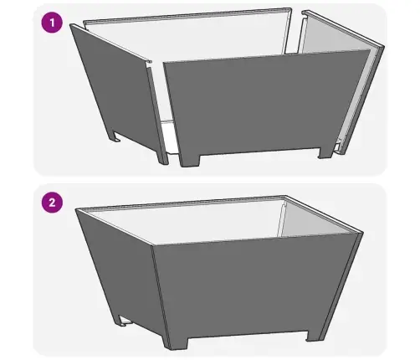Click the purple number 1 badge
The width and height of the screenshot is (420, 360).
52,23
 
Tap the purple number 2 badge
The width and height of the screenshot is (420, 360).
52,203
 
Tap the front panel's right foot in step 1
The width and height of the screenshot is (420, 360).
325,152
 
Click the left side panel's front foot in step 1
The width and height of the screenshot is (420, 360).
162,157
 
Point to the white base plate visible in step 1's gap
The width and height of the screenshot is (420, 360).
169,136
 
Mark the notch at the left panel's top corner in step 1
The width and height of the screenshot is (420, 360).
148,64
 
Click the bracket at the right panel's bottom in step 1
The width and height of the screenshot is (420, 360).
339,145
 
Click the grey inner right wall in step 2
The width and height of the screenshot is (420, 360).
312,220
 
